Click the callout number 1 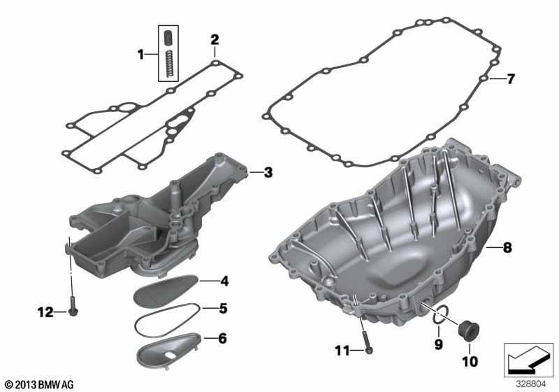click(x=141, y=55)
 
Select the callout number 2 click(x=215, y=39)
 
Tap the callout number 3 click(x=268, y=172)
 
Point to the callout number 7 click(x=511, y=79)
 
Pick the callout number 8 click(x=507, y=247)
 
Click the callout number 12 click(x=45, y=312)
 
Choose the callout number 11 click(x=342, y=351)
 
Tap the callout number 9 click(x=439, y=344)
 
